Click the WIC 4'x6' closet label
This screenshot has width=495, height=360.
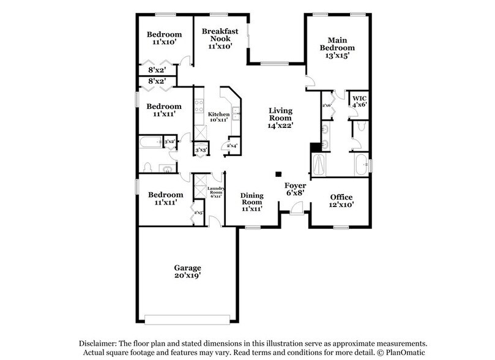(359, 100)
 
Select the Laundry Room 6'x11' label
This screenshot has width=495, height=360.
(216, 192)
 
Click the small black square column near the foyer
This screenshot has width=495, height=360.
(278, 173)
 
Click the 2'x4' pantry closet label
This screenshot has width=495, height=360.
(232, 146)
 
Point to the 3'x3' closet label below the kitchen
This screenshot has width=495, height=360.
(199, 149)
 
